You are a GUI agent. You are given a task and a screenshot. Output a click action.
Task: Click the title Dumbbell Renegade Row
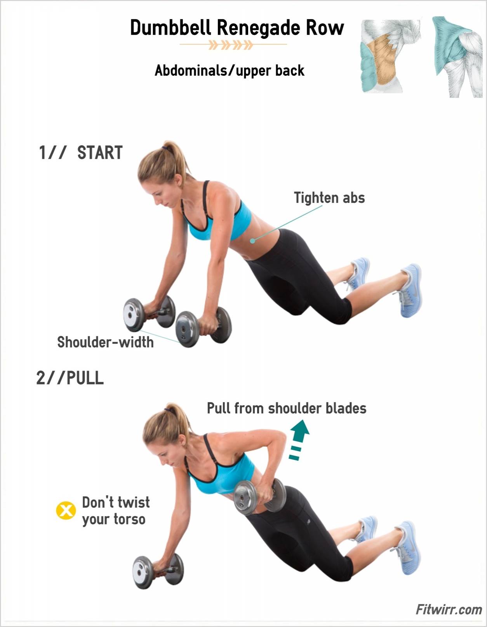237,28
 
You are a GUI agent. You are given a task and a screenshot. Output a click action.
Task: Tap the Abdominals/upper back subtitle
230,71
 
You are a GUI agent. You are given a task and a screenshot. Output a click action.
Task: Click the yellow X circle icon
66,511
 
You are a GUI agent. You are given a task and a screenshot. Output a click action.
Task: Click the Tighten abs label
329,198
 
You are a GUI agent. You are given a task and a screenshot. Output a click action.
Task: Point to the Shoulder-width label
105,342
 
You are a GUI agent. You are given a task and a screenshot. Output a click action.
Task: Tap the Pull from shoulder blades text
287,408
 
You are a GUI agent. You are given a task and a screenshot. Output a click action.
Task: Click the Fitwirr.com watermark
449,610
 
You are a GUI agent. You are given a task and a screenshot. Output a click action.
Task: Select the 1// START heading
81,153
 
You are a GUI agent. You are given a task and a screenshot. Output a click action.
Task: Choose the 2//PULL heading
70,378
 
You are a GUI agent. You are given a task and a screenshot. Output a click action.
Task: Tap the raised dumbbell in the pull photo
259,497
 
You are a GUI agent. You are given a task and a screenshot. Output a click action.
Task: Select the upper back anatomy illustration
457,57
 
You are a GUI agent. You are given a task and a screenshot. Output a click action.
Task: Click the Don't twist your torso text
116,511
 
